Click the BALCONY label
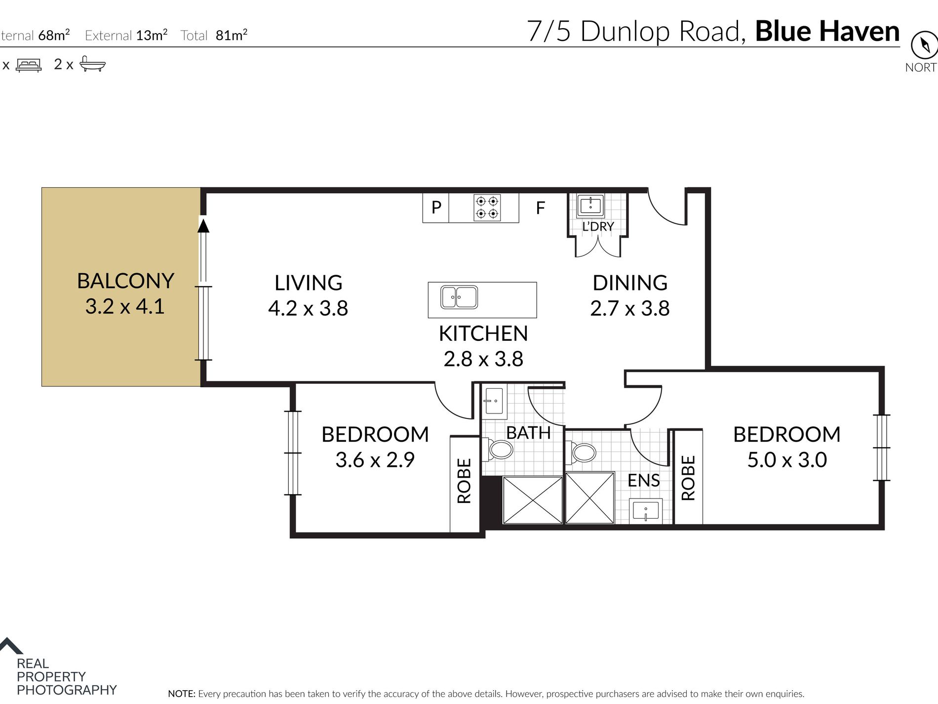tap(125, 281)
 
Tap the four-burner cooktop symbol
tap(487, 207)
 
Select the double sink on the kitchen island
tap(459, 297)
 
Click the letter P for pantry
tap(436, 207)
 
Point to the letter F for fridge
tap(541, 208)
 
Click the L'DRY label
tap(598, 226)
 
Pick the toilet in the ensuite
tap(582, 452)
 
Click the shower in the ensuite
tap(590, 497)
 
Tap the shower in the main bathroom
tap(533, 499)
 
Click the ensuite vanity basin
tap(645, 511)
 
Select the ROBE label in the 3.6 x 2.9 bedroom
tap(464, 481)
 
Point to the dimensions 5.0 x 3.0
tap(787, 460)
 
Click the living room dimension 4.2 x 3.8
tap(308, 308)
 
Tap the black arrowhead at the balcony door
tap(203, 225)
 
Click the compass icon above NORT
tap(924, 45)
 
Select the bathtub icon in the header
tap(92, 64)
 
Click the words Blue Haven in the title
tap(827, 31)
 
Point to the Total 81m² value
tap(213, 35)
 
